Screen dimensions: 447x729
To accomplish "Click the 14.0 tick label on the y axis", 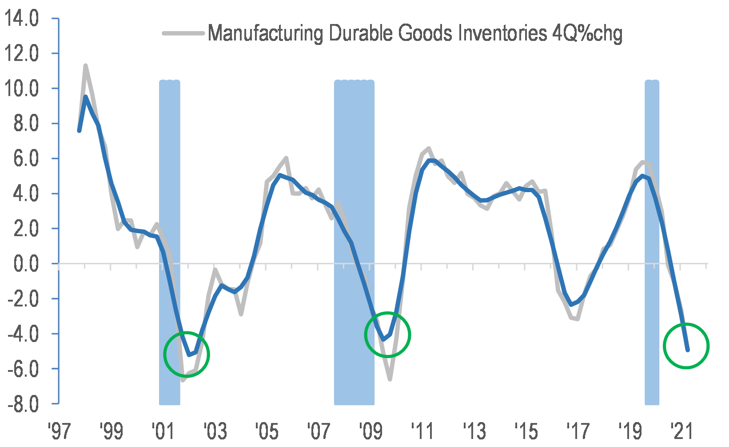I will click(22, 19).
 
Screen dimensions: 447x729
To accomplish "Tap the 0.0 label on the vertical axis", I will click(26, 264).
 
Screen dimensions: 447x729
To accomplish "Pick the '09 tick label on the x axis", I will click(370, 431).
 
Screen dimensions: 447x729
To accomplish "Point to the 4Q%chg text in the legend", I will click(586, 33).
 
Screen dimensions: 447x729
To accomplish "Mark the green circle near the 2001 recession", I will click(187, 354).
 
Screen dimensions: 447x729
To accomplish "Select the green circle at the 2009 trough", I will click(387, 334).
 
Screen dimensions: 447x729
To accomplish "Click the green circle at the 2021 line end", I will click(686, 346).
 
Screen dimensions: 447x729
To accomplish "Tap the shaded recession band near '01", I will click(169, 222).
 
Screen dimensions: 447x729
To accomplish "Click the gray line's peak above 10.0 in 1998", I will click(85, 66).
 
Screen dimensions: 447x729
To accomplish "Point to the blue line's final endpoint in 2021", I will click(687, 350).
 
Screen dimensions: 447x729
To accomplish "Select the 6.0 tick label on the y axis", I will click(26, 159).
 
